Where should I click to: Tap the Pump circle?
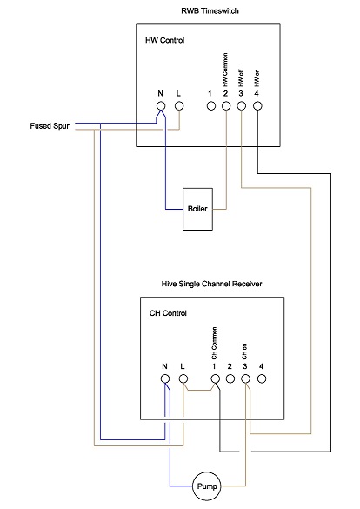[207, 486]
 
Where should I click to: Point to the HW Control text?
[164, 41]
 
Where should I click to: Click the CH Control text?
[168, 312]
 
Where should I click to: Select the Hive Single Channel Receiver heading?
[211, 284]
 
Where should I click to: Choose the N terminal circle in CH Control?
[165, 381]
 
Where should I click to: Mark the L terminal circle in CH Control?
[183, 381]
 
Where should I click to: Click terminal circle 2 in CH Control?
[230, 381]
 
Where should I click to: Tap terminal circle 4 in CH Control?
[261, 381]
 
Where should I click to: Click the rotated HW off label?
[241, 77]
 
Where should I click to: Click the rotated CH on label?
[245, 352]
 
